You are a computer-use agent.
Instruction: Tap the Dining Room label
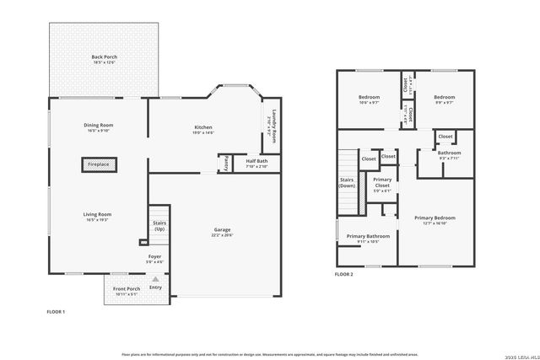(99, 125)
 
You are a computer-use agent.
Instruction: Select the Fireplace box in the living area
(99, 164)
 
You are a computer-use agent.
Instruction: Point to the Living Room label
(97, 214)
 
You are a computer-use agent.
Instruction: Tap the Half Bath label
(256, 160)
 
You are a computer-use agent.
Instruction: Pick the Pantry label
(225, 164)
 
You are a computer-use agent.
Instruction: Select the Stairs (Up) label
(159, 226)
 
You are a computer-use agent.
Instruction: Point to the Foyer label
(154, 255)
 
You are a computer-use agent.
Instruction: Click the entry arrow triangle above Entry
(155, 278)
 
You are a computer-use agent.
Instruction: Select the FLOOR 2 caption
(343, 274)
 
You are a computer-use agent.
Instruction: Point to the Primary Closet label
(382, 183)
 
